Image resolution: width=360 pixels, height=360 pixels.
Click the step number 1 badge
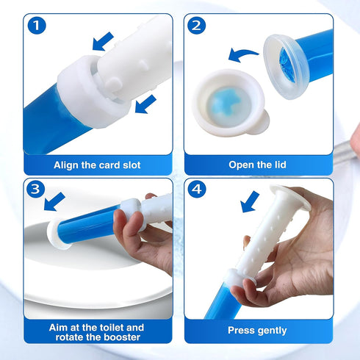37,25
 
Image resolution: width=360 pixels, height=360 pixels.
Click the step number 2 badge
197,25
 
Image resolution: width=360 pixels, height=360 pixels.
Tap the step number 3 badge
36,189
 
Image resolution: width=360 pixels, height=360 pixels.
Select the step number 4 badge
197,189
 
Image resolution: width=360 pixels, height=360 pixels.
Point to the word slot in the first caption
132,165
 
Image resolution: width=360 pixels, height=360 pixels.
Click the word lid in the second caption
280,165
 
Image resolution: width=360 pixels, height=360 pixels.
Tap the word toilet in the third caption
109,328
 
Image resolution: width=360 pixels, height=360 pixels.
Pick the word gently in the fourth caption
272,331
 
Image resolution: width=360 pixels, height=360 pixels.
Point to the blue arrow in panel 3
54,202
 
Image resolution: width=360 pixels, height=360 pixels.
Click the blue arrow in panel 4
250,202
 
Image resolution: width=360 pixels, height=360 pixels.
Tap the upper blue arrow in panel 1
103,42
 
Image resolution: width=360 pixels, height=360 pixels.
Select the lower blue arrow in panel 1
145,104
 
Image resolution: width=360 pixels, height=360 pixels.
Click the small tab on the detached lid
261,120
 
